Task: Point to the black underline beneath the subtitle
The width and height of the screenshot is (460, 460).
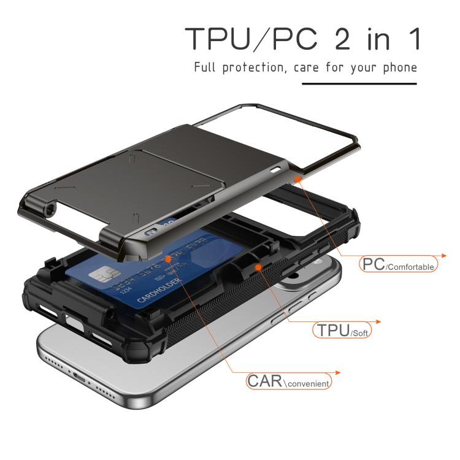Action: click(x=359, y=83)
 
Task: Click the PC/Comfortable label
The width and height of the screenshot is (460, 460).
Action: click(x=398, y=264)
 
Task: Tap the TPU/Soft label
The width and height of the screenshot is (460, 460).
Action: click(x=342, y=330)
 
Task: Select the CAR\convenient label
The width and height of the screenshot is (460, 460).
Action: click(x=288, y=381)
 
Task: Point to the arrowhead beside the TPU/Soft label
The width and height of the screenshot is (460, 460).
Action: click(x=378, y=321)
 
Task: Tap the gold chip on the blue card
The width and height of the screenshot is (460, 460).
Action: click(x=99, y=277)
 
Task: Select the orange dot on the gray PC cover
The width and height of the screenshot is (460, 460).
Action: click(x=298, y=178)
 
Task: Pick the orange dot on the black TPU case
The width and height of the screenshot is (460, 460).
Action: click(x=258, y=267)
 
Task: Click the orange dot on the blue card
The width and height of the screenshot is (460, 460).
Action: click(x=167, y=259)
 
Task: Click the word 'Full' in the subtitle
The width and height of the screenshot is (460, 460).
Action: click(x=204, y=67)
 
